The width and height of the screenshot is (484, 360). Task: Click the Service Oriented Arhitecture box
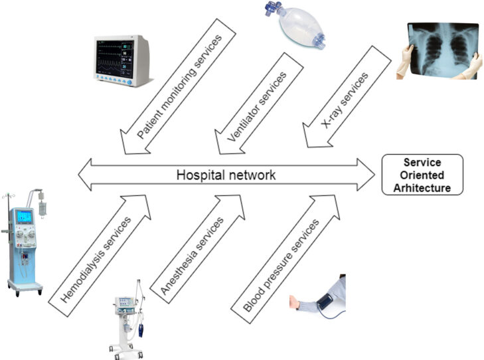pos(422,175)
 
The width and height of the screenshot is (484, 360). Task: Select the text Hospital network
pos(226,175)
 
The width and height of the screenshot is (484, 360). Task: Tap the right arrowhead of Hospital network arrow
pos(366,175)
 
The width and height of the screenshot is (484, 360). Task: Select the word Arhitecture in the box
pos(422,188)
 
